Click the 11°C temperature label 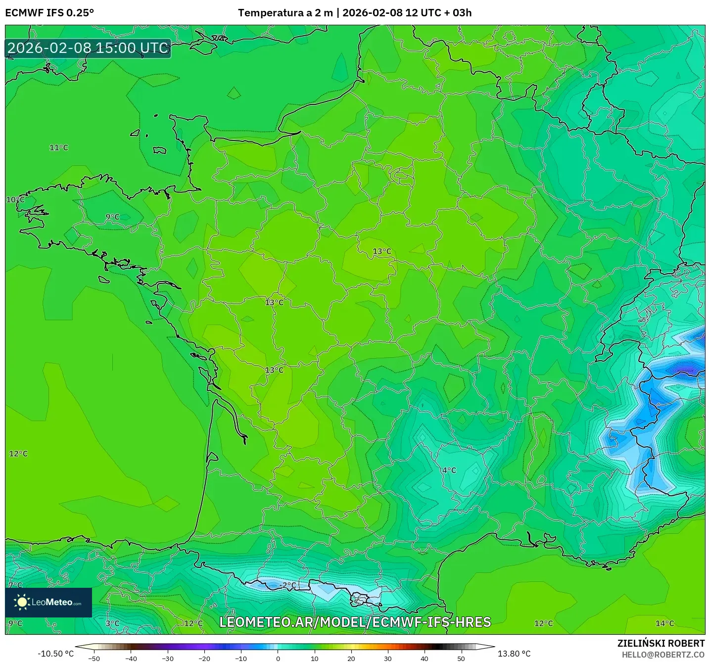59,147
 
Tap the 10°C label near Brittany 15,199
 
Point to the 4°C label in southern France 449,470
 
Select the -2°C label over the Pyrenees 287,585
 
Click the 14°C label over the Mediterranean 664,623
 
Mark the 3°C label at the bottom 112,623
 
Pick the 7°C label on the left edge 15,585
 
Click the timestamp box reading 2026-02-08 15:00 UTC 88,48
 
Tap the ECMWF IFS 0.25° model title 49,13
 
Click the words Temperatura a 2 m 285,13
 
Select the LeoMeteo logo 48,602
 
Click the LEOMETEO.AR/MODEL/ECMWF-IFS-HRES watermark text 355,622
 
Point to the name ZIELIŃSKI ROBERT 661,643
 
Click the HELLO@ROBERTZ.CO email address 663,655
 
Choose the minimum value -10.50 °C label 55,654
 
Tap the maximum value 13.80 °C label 514,654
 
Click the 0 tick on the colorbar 278,658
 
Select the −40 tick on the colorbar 131,658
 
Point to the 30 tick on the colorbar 388,658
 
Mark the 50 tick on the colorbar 461,658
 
